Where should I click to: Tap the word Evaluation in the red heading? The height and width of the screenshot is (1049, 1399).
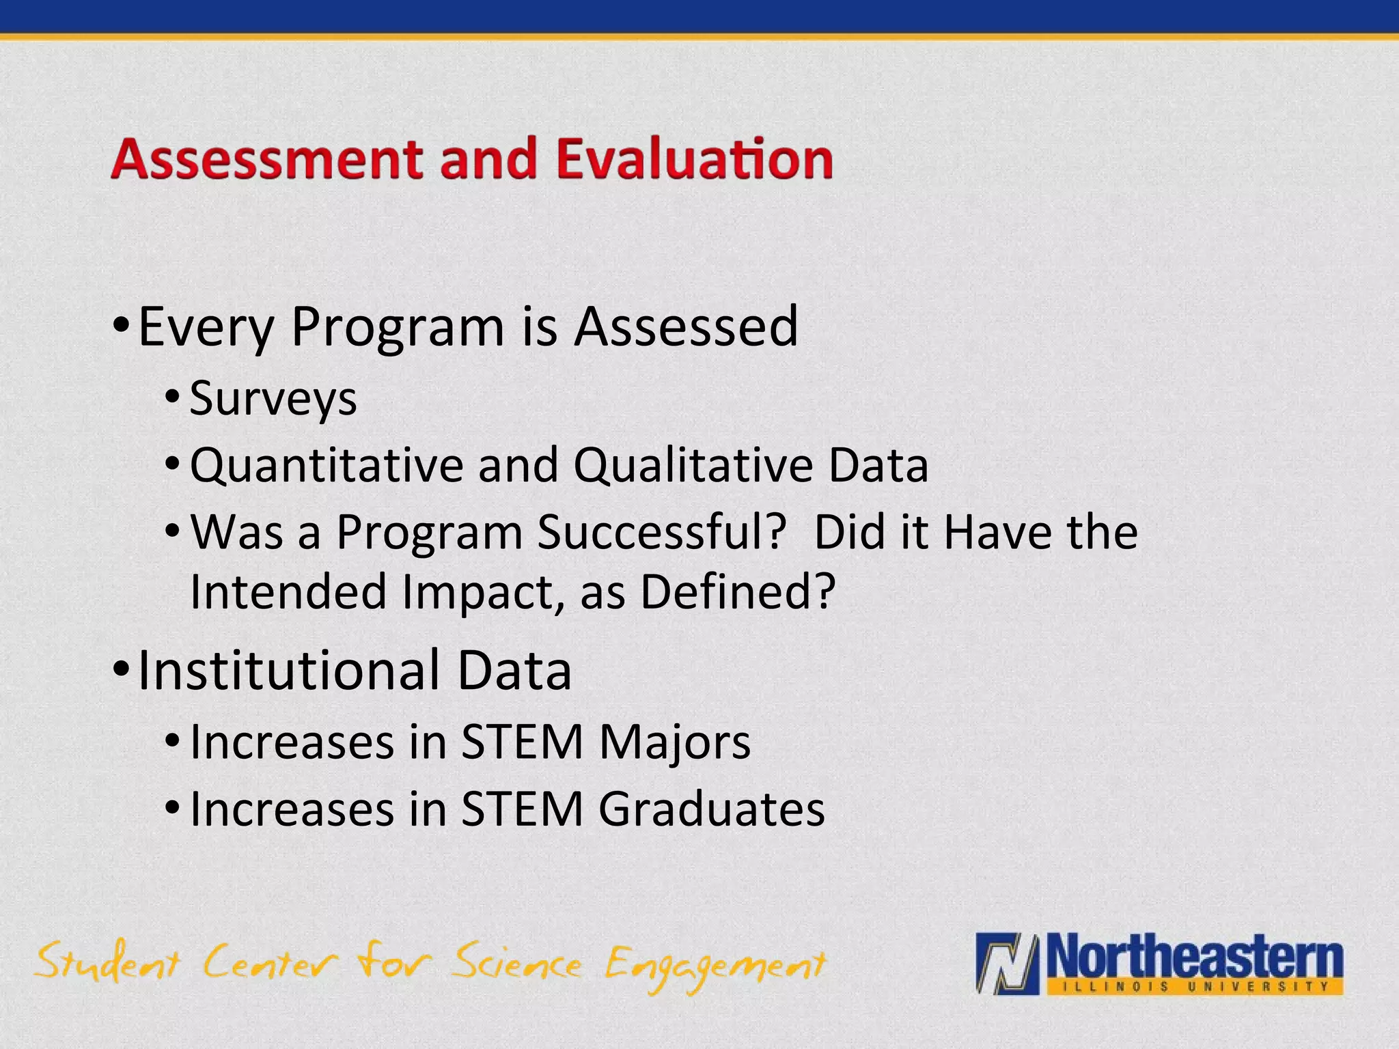694,160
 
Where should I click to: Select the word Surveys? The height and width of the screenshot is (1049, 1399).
273,399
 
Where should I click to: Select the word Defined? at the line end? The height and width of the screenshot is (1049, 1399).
738,591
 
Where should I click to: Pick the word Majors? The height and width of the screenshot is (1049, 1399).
675,743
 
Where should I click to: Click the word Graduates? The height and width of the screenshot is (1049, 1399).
711,810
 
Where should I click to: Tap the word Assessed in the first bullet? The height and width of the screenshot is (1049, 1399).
686,327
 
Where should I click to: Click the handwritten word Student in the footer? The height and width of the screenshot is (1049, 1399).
107,962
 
